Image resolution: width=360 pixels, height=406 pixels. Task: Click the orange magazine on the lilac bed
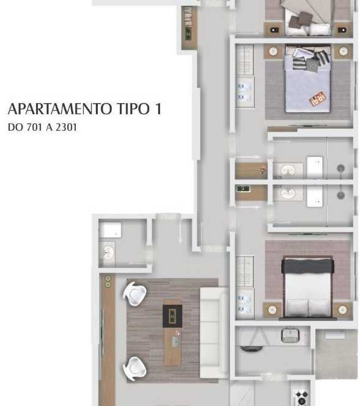317,99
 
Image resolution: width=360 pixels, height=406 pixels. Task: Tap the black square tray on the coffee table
172,316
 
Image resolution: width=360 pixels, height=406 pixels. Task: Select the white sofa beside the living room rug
213,333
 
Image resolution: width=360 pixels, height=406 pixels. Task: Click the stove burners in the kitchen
301,397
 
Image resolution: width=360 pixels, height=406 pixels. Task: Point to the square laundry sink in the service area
290,335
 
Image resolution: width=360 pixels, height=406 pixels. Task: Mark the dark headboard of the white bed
307,265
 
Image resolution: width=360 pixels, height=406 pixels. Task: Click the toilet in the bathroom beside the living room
111,230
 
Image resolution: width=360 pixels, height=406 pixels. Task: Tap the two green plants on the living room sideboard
108,281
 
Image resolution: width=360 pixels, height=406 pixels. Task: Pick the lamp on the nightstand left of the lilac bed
273,51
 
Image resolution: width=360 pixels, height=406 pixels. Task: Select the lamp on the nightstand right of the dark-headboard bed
343,310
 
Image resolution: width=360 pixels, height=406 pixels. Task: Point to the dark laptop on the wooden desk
243,189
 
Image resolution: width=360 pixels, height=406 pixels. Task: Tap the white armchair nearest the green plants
135,294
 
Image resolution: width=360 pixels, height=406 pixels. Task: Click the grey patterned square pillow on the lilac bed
312,65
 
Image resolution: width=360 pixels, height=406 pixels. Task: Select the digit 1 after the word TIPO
158,109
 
